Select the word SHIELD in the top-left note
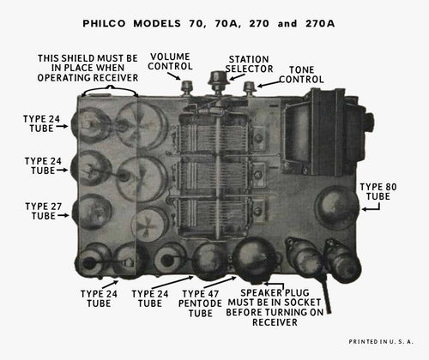[x=88, y=58]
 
